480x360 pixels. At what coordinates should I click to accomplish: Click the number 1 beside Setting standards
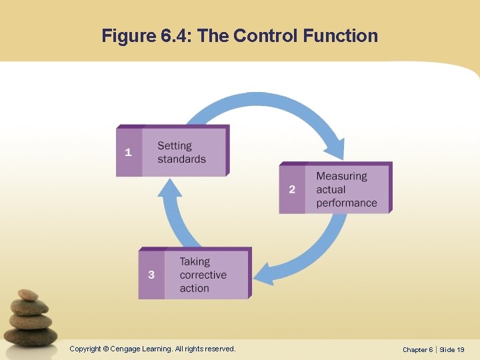click(128, 152)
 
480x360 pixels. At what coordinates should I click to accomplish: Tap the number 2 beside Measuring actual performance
click(292, 189)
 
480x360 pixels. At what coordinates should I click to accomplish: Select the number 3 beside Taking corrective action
click(151, 275)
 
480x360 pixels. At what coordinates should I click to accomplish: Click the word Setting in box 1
click(175, 146)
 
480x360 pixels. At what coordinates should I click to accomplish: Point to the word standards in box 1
click(181, 159)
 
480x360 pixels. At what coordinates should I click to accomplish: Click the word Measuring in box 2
click(341, 176)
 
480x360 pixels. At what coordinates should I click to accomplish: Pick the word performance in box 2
click(347, 203)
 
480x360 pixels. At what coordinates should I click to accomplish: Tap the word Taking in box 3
click(195, 261)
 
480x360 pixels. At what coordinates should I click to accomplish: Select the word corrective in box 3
click(203, 275)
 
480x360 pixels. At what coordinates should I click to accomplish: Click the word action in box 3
click(194, 288)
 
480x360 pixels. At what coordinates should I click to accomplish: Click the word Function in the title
click(340, 35)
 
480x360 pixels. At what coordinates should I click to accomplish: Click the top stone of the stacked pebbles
click(28, 295)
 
